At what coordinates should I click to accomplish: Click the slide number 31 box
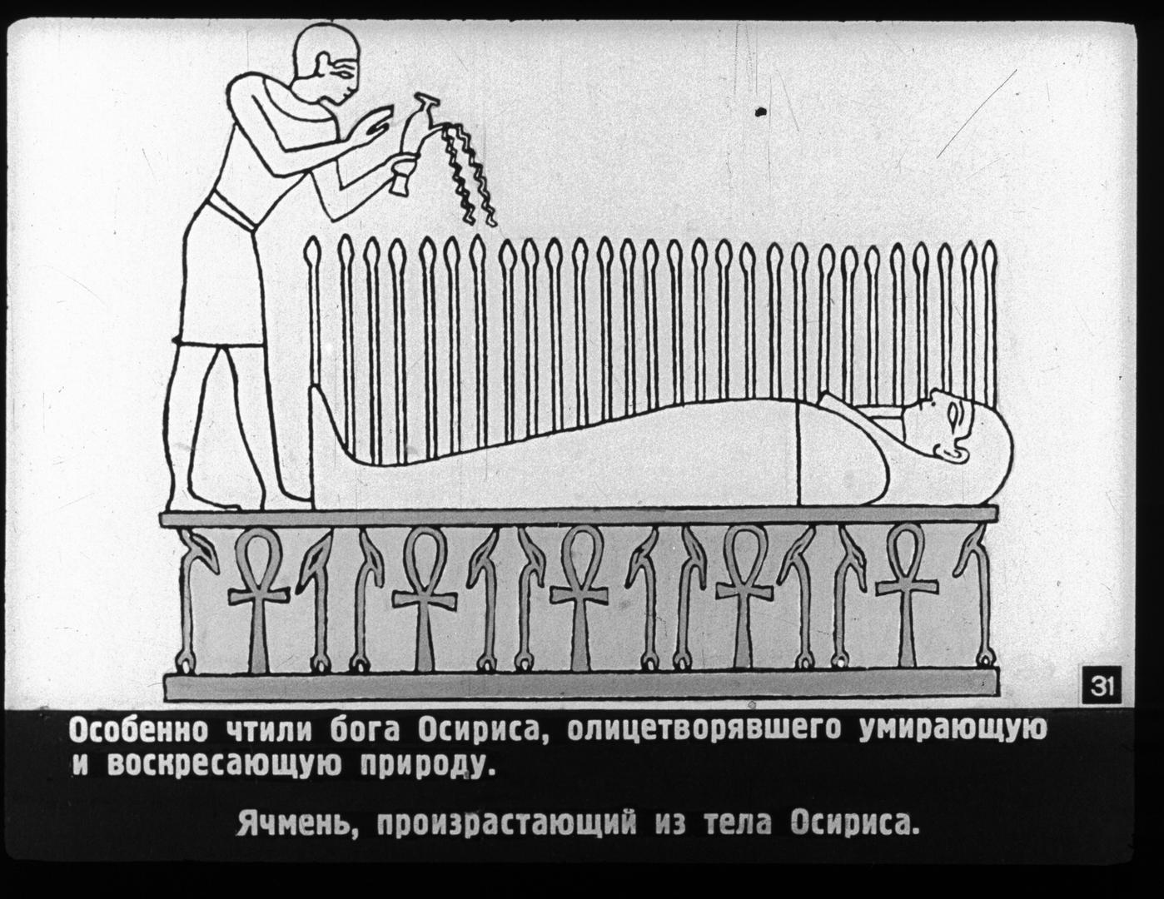[x=1102, y=687]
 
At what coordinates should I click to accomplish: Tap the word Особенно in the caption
[x=138, y=730]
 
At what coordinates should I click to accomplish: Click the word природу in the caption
[x=425, y=767]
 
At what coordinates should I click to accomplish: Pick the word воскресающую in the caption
[x=224, y=766]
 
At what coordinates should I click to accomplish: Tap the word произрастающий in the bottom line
[x=506, y=837]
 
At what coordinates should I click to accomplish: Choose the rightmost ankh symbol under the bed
[x=907, y=595]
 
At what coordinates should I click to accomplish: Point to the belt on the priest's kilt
[x=233, y=212]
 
